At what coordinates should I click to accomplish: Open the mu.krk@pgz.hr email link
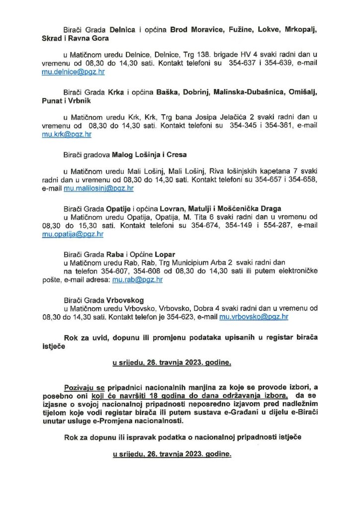click(67, 134)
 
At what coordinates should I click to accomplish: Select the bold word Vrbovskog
click(129, 300)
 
